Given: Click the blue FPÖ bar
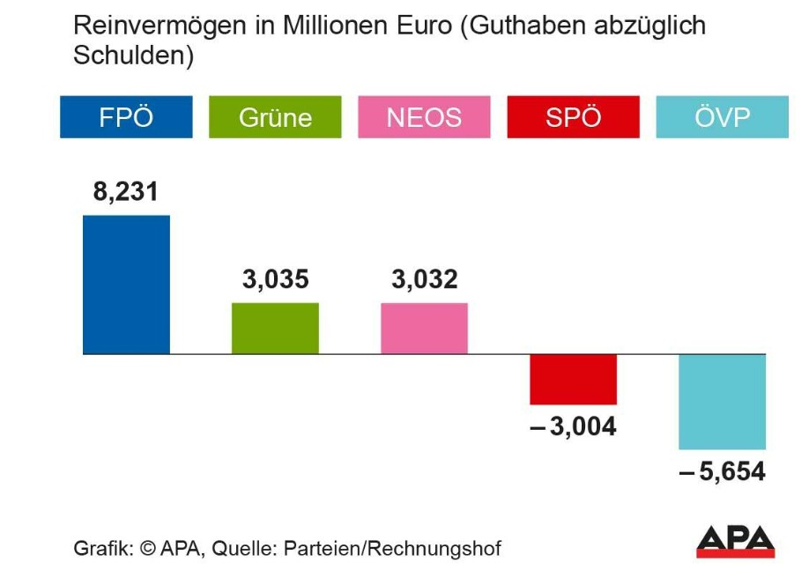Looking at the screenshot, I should pyautogui.click(x=126, y=285).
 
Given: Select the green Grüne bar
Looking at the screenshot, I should pyautogui.click(x=275, y=328).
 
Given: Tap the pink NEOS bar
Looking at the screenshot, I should pyautogui.click(x=424, y=328).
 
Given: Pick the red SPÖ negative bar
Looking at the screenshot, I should pyautogui.click(x=573, y=379).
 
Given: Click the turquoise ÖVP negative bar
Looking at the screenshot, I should pyautogui.click(x=722, y=402).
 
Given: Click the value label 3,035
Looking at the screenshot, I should pyautogui.click(x=275, y=280).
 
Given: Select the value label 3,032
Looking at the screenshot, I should pyautogui.click(x=424, y=280).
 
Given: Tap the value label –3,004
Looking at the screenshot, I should pyautogui.click(x=572, y=428).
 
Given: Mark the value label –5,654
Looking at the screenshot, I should pyautogui.click(x=722, y=472).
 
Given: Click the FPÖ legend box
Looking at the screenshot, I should pyautogui.click(x=126, y=117).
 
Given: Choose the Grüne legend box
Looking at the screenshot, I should pyautogui.click(x=275, y=117).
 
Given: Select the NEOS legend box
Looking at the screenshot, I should pyautogui.click(x=424, y=117).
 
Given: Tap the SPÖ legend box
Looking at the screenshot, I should pyautogui.click(x=573, y=117).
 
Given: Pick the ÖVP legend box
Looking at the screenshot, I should pyautogui.click(x=722, y=117).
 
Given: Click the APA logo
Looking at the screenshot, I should pyautogui.click(x=735, y=541).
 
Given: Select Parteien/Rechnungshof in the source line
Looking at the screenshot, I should pyautogui.click(x=391, y=548).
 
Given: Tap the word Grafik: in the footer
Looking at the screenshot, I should pyautogui.click(x=103, y=548).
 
